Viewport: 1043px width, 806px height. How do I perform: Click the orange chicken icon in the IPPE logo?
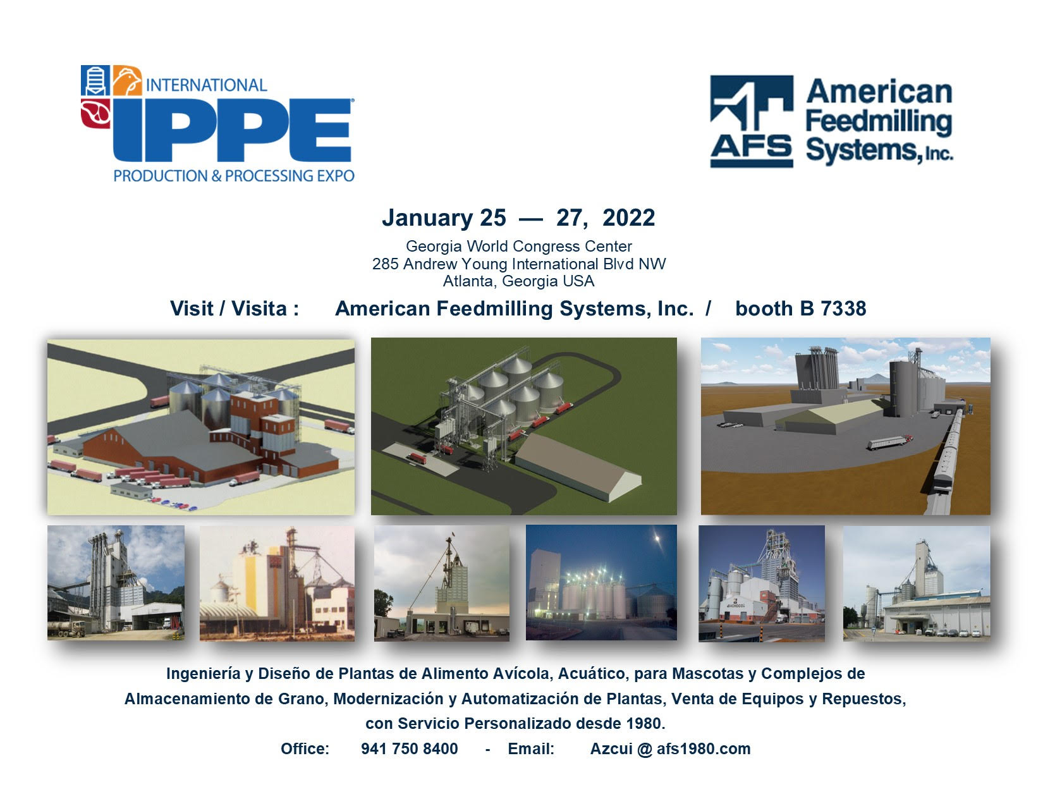127,80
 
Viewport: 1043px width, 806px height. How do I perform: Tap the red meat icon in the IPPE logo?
95,113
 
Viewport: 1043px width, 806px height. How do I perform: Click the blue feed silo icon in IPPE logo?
95,80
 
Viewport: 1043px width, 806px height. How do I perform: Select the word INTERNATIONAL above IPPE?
206,85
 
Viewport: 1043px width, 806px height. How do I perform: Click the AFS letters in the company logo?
751,147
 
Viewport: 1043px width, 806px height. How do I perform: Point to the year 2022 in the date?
628,218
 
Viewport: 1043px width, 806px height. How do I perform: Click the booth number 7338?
843,308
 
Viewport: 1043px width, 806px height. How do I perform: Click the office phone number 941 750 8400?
410,749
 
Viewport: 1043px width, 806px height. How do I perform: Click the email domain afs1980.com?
703,749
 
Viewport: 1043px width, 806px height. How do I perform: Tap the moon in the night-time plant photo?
658,539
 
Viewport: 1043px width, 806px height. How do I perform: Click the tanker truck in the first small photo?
67,629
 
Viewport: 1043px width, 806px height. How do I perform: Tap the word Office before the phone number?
305,749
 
